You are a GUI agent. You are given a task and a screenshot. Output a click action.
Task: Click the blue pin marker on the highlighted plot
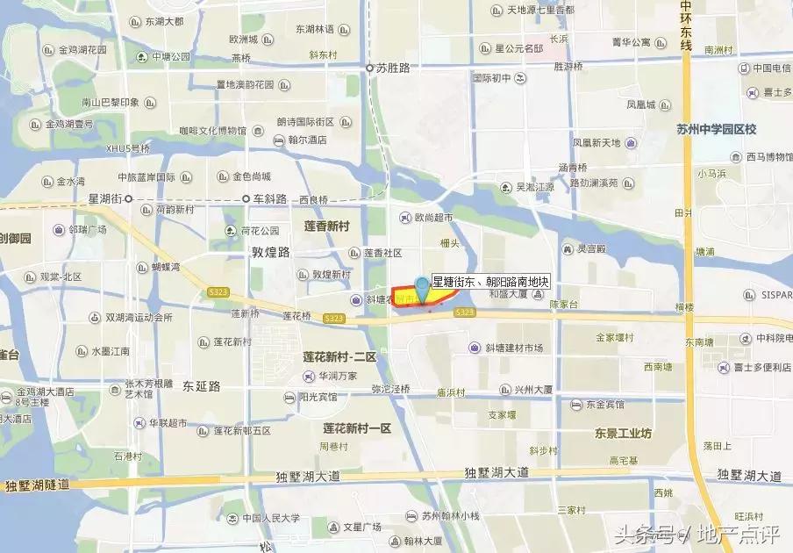(x=423, y=286)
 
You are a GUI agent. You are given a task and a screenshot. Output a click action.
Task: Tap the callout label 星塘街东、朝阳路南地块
(x=491, y=283)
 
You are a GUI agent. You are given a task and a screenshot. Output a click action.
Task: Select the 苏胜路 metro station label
(x=393, y=67)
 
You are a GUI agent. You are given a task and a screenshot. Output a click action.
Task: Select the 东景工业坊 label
(x=623, y=434)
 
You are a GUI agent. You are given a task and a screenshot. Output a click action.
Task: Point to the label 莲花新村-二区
(x=339, y=357)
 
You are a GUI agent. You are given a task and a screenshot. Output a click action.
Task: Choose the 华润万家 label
(x=338, y=377)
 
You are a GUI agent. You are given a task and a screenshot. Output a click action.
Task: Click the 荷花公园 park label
(x=259, y=231)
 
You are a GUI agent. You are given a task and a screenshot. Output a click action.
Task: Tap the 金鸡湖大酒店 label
(x=47, y=392)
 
